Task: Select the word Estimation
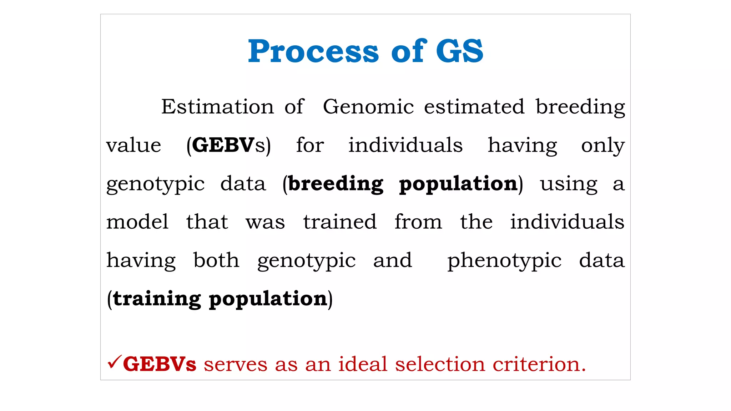[x=217, y=107]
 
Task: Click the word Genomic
[x=368, y=107]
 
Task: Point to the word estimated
[x=474, y=107]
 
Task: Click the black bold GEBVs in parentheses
[x=228, y=146]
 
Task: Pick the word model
[x=137, y=222]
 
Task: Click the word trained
[x=340, y=222]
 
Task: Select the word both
[x=216, y=260]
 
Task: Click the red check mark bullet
[x=114, y=362]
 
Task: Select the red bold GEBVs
[x=160, y=365]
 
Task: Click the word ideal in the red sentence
[x=363, y=365]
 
